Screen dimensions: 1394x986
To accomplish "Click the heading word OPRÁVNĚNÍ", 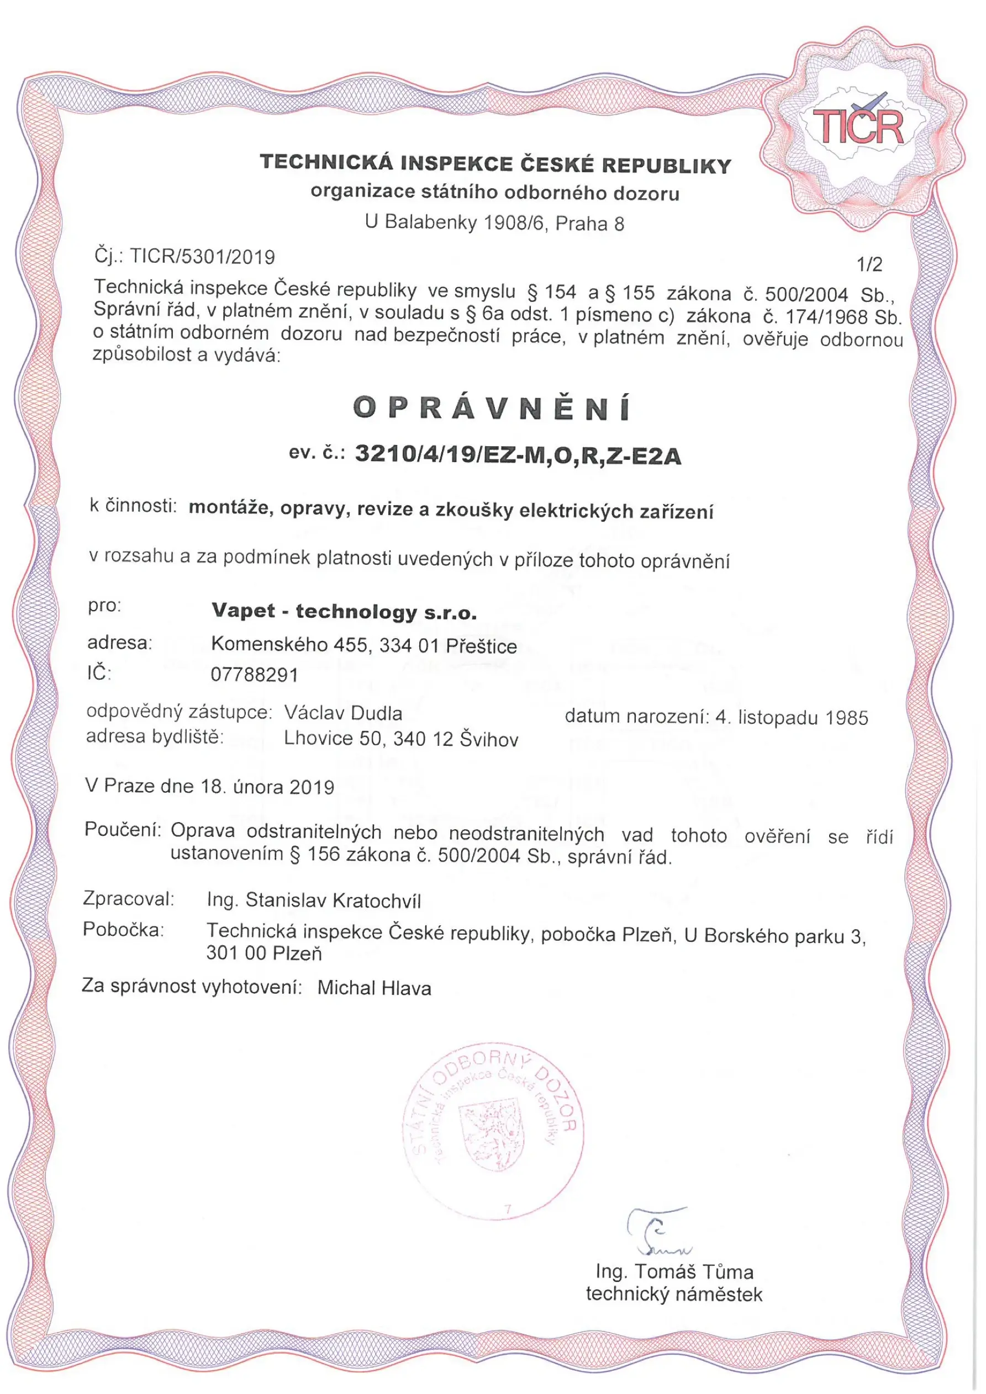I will pyautogui.click(x=492, y=409).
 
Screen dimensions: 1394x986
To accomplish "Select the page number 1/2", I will pyautogui.click(x=869, y=264).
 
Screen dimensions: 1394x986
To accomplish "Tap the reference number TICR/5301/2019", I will pyautogui.click(x=203, y=257).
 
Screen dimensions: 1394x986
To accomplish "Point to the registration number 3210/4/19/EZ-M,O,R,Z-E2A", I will pyautogui.click(x=518, y=455).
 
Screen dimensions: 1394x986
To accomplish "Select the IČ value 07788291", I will pyautogui.click(x=255, y=675).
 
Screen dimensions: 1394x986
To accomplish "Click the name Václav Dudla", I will pyautogui.click(x=343, y=713).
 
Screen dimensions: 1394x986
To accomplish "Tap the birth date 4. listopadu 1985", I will pyautogui.click(x=792, y=718).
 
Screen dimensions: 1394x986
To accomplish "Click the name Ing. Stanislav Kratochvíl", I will pyautogui.click(x=314, y=900).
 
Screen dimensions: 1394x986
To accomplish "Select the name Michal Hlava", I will pyautogui.click(x=374, y=988).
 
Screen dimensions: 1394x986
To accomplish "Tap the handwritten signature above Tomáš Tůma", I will pyautogui.click(x=657, y=1231).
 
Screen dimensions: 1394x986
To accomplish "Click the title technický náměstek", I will pyautogui.click(x=674, y=1294).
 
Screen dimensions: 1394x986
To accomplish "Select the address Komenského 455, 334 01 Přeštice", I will pyautogui.click(x=364, y=645).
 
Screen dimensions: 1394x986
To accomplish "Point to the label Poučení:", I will pyautogui.click(x=122, y=829).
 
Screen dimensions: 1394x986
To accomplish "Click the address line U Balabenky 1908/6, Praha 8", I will pyautogui.click(x=494, y=223).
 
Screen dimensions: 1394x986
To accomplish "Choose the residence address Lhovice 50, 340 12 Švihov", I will pyautogui.click(x=401, y=739).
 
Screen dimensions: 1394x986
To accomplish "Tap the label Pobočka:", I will pyautogui.click(x=123, y=930).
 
